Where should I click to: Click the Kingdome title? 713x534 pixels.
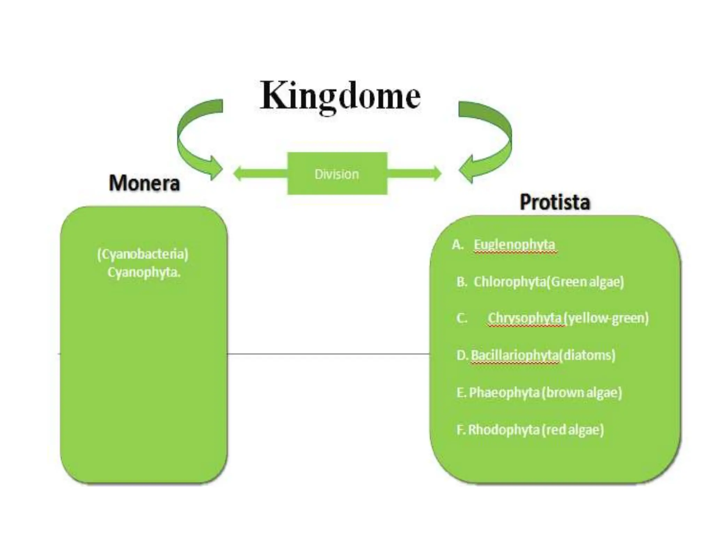click(340, 96)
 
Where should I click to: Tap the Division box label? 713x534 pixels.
click(337, 174)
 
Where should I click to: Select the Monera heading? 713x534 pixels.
click(144, 183)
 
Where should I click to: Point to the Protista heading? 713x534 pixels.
click(555, 202)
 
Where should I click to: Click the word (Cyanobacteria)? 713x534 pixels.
click(143, 254)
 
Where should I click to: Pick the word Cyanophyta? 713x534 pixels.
click(143, 272)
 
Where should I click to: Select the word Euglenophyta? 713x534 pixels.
click(514, 245)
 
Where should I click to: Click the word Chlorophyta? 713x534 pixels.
click(510, 282)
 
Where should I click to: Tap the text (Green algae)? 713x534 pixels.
click(586, 282)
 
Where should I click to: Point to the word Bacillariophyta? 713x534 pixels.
click(515, 355)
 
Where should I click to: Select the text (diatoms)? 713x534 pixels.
click(587, 355)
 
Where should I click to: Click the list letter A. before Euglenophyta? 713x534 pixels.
click(457, 245)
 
